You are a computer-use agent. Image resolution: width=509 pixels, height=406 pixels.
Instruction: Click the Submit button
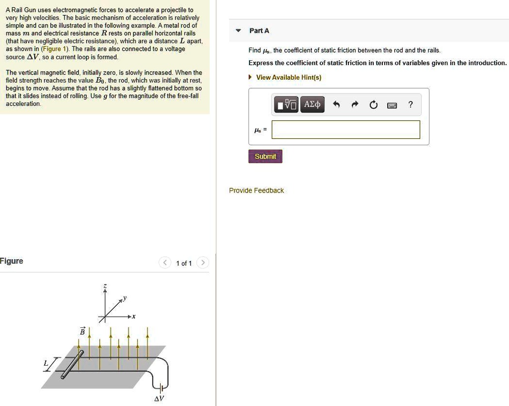(265, 156)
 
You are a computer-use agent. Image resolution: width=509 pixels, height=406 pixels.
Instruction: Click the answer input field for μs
(346, 130)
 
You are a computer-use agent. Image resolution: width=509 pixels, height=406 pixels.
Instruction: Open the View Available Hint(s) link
(288, 77)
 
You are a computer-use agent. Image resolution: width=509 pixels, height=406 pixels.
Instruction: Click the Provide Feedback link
(256, 191)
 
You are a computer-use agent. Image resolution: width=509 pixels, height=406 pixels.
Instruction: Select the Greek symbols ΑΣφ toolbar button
(313, 104)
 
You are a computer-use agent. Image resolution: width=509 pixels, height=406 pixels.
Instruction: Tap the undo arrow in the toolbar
(337, 104)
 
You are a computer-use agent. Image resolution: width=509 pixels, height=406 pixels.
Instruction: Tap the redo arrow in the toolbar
(355, 104)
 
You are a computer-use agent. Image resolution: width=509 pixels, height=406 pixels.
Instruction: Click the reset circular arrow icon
(373, 104)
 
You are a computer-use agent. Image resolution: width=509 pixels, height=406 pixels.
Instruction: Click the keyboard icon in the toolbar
(392, 105)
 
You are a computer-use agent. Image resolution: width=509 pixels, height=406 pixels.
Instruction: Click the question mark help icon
(410, 104)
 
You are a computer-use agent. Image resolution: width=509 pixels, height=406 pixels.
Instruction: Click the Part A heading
(259, 31)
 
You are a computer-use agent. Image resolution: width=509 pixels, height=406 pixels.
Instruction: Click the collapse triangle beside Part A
(239, 31)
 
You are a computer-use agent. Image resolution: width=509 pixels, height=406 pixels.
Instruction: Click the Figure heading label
(11, 261)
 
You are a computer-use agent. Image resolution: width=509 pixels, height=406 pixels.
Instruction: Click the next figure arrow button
(203, 263)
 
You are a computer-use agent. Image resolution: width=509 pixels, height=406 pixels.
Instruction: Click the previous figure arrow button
(165, 263)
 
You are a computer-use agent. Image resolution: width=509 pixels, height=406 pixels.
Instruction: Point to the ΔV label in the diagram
(159, 399)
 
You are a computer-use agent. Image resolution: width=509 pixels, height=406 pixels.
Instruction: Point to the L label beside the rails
(45, 364)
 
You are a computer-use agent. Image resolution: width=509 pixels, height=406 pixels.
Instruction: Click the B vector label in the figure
(83, 331)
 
